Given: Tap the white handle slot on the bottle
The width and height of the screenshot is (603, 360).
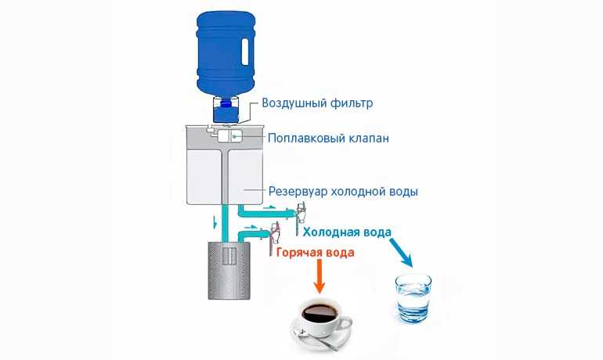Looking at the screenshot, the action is pos(244,50).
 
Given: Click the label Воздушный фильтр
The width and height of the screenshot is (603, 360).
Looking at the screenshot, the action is pos(317,103).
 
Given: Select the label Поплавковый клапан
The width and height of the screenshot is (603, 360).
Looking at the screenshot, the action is pos(328,138).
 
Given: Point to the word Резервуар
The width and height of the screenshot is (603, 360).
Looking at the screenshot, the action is pos(298,191).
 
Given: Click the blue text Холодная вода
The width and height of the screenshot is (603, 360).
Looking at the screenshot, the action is pos(347,232).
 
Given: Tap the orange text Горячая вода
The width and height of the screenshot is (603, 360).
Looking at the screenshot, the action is pos(316,253).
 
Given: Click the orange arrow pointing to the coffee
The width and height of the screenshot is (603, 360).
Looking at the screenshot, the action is pos(320,276).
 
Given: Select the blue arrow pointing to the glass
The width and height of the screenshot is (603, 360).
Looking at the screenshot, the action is pos(401,253).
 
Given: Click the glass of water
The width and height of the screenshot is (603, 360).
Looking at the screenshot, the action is pos(413,298).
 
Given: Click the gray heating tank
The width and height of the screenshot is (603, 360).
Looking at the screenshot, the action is pos(229,271).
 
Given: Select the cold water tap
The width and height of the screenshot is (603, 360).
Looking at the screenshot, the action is pos(300,218).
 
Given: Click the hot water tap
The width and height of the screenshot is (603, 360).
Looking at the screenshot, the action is pos(274,238).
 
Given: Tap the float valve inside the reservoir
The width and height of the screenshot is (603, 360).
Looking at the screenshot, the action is pos(230,136).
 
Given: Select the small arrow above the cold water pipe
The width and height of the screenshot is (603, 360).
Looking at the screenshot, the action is pos(270,207).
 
